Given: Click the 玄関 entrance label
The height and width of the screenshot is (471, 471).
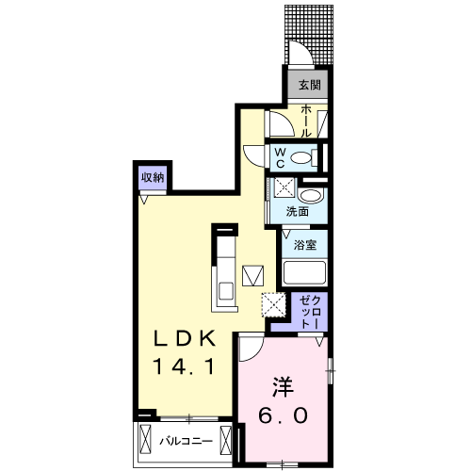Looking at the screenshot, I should tap(308, 86).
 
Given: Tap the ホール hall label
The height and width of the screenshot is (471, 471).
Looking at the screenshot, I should tap(307, 121).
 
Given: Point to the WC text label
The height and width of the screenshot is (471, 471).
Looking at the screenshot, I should tap(281, 156).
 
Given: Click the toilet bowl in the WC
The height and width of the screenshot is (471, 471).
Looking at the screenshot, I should tap(302, 157).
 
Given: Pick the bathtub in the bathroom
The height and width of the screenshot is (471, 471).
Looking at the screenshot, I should tap(304, 274).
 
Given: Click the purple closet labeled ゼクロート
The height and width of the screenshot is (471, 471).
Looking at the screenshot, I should tap(310, 311).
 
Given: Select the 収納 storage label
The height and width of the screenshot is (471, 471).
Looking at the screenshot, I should tap(154, 176).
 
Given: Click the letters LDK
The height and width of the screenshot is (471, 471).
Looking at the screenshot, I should tap(187, 338).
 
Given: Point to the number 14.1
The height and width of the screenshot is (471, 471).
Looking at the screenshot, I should tap(187, 365).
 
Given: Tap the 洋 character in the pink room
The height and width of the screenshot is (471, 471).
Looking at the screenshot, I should tap(283, 387).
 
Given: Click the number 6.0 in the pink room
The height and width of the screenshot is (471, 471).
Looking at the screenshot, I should tap(283, 415).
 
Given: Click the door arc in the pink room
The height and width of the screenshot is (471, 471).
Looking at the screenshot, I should tap(250, 349).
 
